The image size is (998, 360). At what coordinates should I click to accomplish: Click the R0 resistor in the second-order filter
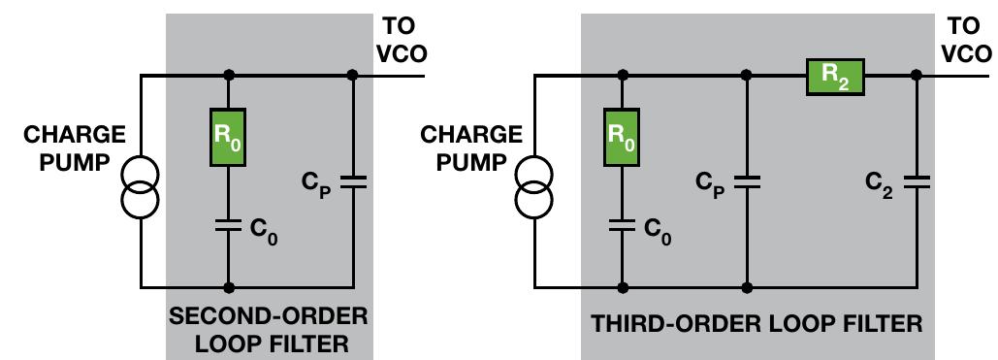click(x=228, y=138)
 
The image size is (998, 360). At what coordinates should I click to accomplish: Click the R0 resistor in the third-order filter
click(x=622, y=138)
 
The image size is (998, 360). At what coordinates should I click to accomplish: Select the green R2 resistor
click(x=834, y=75)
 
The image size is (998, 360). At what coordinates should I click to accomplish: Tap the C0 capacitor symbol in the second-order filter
click(x=228, y=226)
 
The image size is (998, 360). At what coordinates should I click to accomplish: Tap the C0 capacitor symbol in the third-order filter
click(x=622, y=226)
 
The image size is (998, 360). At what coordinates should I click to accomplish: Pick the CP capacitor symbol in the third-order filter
click(x=746, y=181)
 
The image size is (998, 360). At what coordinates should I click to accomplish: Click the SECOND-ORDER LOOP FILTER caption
click(x=269, y=330)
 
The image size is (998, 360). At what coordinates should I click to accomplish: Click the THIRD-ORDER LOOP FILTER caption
click(x=757, y=323)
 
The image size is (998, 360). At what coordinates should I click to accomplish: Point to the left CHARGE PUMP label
click(x=75, y=147)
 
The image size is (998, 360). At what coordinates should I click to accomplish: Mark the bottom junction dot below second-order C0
click(x=228, y=287)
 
